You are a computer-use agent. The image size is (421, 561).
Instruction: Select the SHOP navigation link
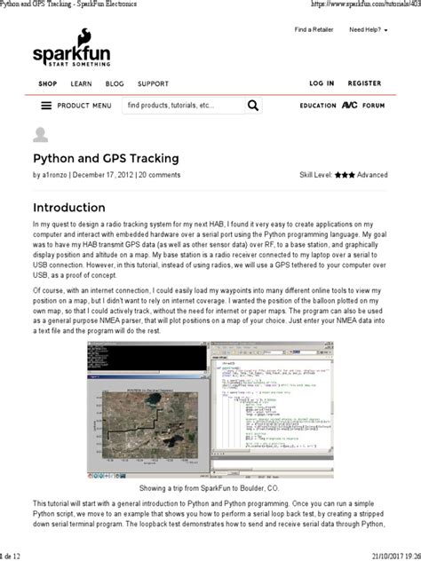click(48, 83)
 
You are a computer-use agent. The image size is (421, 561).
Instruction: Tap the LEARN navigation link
click(81, 83)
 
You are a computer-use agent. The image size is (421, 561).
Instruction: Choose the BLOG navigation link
click(115, 83)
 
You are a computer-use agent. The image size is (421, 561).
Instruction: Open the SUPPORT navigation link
click(153, 83)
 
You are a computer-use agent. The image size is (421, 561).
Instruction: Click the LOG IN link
click(322, 83)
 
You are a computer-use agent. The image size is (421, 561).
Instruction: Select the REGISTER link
click(364, 83)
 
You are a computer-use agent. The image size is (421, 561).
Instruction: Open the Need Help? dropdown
click(369, 29)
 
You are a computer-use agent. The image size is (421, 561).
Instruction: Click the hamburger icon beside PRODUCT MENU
click(46, 106)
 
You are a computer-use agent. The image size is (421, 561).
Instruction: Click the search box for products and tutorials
click(182, 106)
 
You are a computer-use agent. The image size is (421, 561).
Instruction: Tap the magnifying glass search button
click(254, 106)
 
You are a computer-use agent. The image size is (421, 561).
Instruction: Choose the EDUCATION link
click(318, 106)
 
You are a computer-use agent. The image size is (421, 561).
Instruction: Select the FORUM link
click(373, 106)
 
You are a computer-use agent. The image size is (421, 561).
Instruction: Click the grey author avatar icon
click(41, 135)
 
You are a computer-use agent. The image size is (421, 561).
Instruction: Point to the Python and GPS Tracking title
click(106, 158)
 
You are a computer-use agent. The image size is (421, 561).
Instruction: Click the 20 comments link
click(160, 175)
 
